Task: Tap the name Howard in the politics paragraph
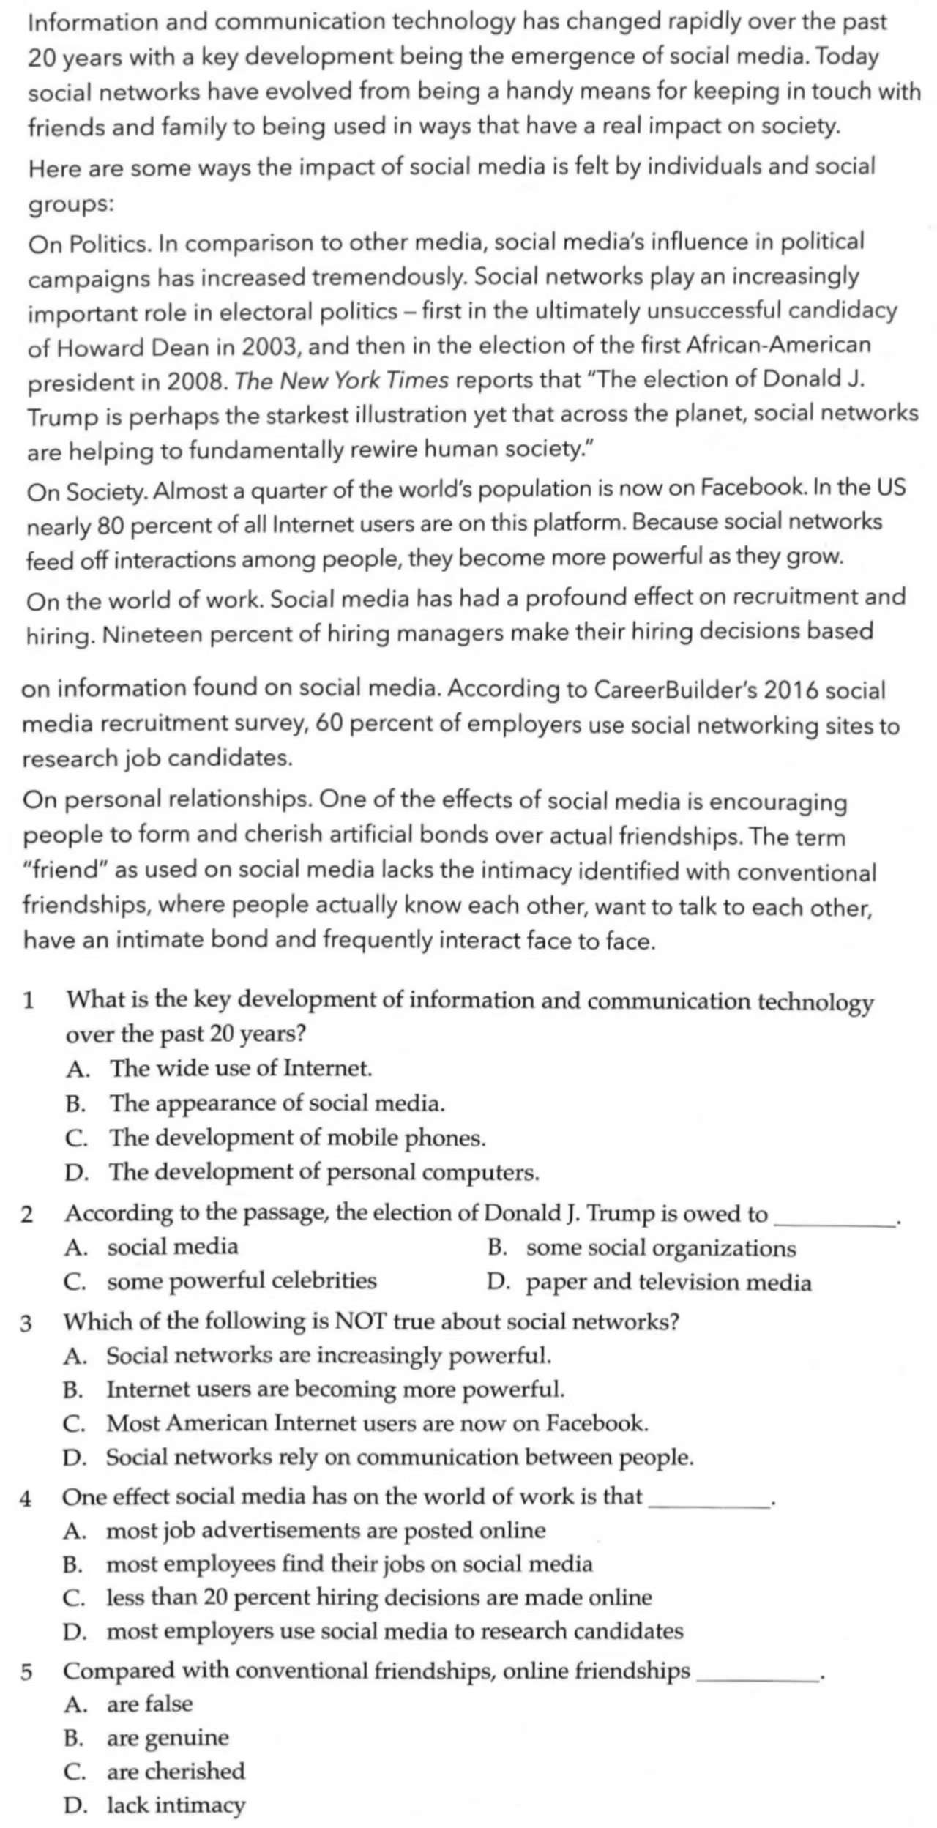tap(101, 347)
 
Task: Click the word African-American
tap(778, 345)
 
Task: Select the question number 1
tap(29, 1000)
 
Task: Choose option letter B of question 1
tap(75, 1104)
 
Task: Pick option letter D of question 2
tap(497, 1282)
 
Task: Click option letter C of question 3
tap(75, 1424)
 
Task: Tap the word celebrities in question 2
tap(324, 1280)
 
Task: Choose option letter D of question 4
tap(74, 1632)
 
